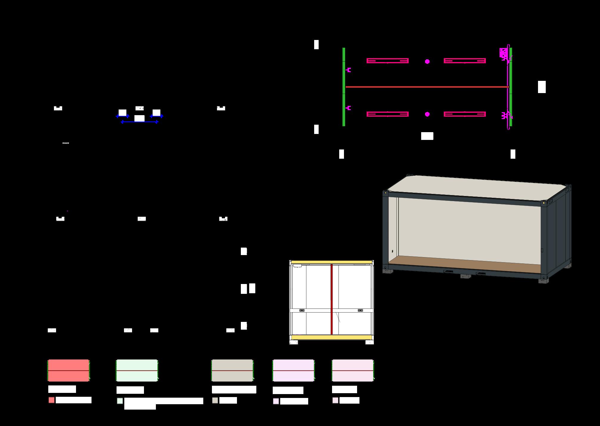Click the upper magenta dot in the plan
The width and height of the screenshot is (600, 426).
[x=427, y=61]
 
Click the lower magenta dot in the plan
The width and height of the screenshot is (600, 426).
[x=427, y=114]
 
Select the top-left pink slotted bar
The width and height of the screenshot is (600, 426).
[x=387, y=61]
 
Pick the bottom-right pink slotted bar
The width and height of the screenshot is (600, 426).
[x=465, y=114]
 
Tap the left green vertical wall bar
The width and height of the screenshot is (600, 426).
[x=344, y=87]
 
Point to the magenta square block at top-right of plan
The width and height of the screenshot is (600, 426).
[x=503, y=53]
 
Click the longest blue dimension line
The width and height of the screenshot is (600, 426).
[x=139, y=122]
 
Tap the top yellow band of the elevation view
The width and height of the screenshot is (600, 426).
[x=331, y=262]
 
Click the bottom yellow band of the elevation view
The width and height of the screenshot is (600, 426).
[x=331, y=337]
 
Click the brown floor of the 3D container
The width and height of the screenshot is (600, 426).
[x=465, y=264]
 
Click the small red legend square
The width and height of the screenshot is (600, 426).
[x=52, y=400]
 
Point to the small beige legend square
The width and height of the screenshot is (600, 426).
[x=215, y=400]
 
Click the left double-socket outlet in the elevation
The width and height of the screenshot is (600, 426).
[x=302, y=311]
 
